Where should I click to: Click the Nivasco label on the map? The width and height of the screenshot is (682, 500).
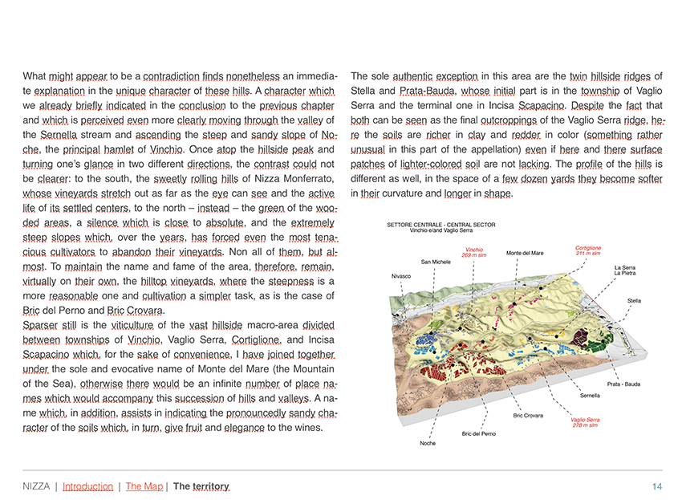pos(401,276)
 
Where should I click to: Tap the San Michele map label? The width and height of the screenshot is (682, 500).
pos(435,262)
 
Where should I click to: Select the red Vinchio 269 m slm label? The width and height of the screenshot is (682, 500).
pos(474,252)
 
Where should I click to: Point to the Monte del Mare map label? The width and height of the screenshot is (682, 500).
pos(525,254)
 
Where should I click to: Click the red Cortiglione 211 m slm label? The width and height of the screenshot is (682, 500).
pos(588,250)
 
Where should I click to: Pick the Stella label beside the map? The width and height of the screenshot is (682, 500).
pos(634,300)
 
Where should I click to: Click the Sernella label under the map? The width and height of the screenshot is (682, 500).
pos(590,396)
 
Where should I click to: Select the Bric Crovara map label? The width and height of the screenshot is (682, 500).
pos(528,416)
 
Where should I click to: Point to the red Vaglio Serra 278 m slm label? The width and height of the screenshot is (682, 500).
pos(585,422)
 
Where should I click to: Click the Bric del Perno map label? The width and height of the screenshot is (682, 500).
pos(479,433)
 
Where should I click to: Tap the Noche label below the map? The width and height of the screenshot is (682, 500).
pos(428,443)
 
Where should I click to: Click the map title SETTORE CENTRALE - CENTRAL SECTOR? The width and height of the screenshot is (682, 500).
pos(440,225)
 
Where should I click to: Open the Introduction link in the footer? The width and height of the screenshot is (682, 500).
pos(87,486)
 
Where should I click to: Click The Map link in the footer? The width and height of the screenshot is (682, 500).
pos(144,486)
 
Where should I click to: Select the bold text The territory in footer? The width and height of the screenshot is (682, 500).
pos(201,486)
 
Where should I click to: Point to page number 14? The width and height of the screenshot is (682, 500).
pos(657,486)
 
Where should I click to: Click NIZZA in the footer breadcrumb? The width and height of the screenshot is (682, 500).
pos(36,486)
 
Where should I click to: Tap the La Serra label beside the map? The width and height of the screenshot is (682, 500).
pos(625,267)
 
